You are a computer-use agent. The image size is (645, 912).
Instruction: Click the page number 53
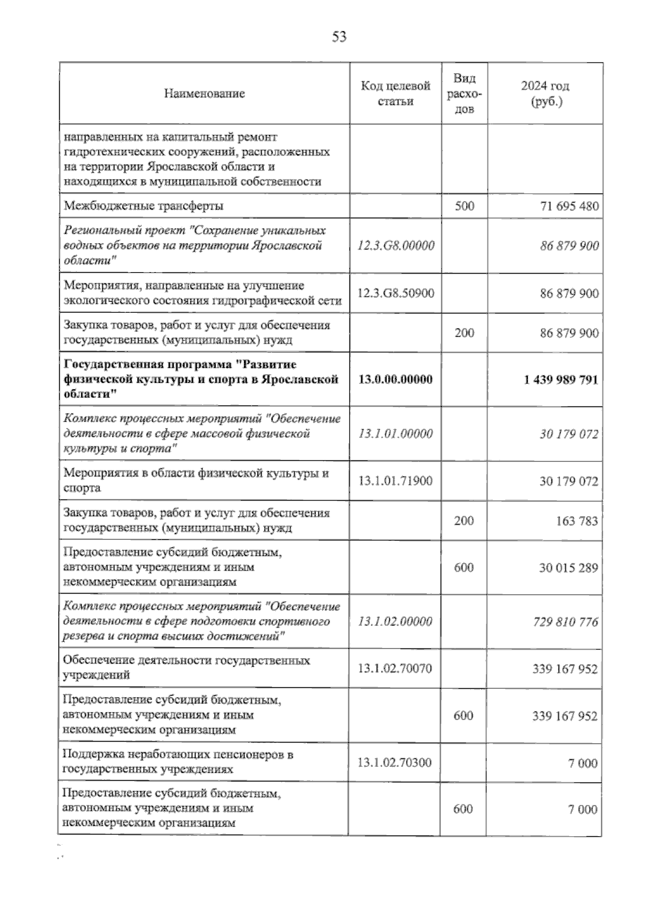339,37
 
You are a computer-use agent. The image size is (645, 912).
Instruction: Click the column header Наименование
204,94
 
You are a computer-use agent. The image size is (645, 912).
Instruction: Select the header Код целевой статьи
396,94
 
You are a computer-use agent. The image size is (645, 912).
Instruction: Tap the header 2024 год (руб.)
545,94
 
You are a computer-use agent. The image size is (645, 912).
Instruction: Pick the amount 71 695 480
569,206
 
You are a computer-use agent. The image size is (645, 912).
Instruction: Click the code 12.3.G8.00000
396,246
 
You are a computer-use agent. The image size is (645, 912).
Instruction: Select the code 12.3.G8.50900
396,293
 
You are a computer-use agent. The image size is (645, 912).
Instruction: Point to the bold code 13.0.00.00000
396,379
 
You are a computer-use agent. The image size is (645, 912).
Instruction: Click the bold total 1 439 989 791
561,380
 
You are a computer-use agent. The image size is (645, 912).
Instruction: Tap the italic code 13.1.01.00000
396,433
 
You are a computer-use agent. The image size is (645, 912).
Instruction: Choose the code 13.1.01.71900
396,481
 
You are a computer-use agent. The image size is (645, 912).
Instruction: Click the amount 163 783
577,521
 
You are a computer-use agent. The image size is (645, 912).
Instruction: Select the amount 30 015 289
569,568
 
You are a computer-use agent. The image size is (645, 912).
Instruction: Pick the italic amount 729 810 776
565,622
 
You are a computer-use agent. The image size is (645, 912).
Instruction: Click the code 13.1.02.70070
395,668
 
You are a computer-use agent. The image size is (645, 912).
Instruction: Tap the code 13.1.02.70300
395,762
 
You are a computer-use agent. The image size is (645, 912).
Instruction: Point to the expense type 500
464,206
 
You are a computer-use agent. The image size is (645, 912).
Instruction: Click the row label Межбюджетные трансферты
144,206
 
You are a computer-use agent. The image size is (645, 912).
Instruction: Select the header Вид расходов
464,94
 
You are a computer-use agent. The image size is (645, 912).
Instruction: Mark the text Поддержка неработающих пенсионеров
178,754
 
